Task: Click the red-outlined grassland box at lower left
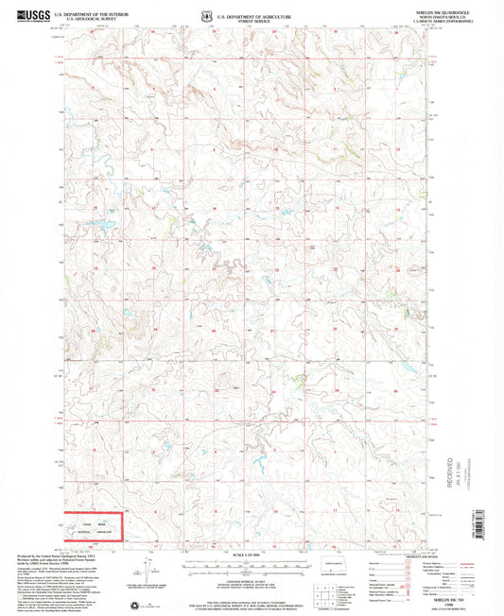point(91,527)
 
